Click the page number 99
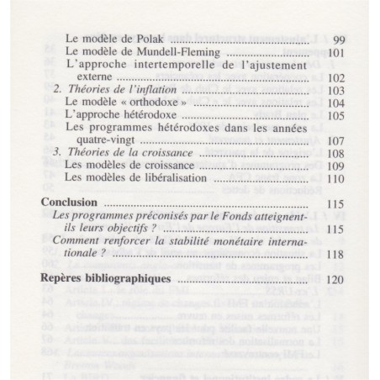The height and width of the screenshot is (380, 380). click(339, 39)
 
